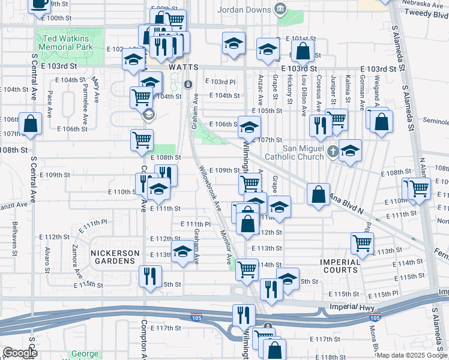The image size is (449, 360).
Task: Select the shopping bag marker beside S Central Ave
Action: pyautogui.click(x=31, y=124)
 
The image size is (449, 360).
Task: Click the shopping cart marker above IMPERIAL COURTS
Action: pyautogui.click(x=363, y=242)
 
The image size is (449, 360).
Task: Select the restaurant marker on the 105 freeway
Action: pyautogui.click(x=244, y=314)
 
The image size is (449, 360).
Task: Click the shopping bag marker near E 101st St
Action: pyautogui.click(x=303, y=51)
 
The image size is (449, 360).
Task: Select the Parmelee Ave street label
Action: pyautogui.click(x=85, y=108)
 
